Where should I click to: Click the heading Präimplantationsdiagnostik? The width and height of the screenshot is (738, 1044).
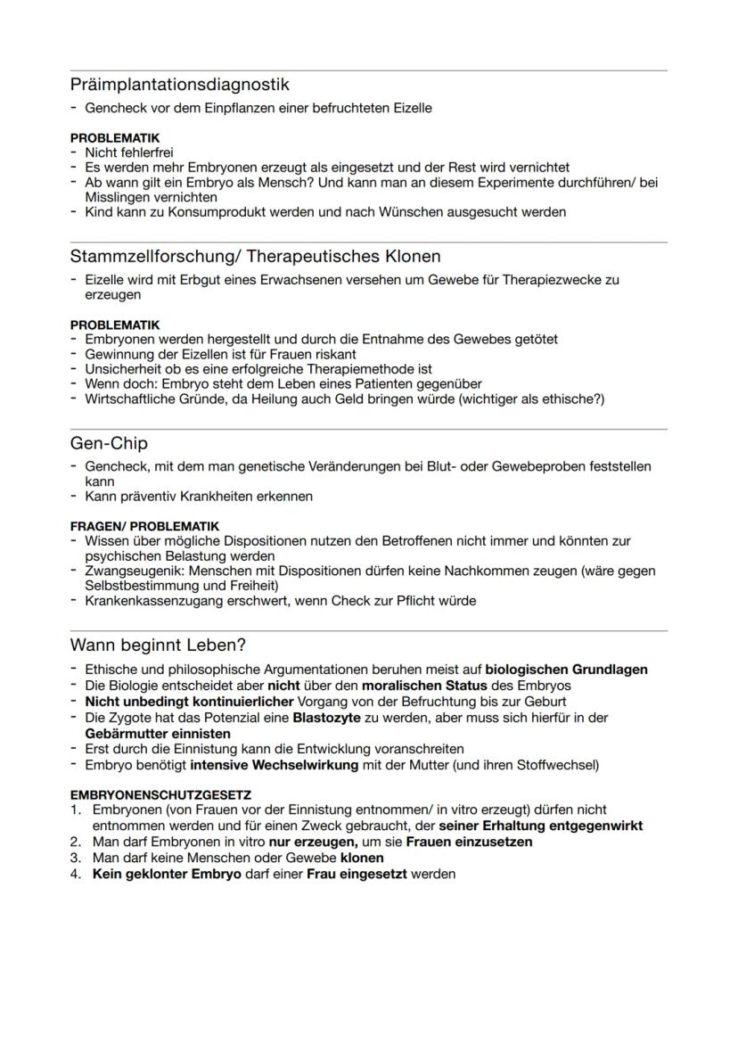pos(179,86)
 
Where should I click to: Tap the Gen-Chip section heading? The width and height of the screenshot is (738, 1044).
pos(109,444)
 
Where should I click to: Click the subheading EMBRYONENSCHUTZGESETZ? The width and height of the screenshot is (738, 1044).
pos(160,794)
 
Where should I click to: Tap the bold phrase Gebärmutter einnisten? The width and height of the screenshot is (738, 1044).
pos(158,734)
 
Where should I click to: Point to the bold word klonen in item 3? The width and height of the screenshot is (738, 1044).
pos(363,858)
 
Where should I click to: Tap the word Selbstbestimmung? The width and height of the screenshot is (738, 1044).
pos(138,586)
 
